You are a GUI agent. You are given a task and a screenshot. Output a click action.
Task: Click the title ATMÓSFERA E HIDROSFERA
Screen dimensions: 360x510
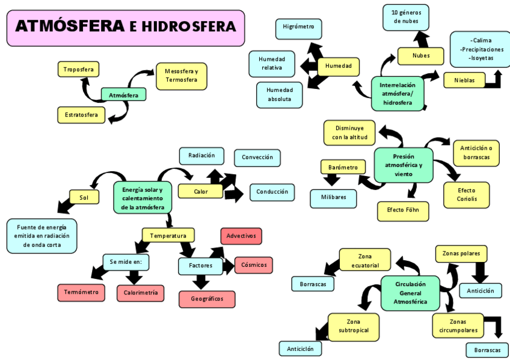125,27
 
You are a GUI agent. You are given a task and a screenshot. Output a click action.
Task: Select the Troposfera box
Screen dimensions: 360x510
78,69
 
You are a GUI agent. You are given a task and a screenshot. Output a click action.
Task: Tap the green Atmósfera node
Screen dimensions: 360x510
123,94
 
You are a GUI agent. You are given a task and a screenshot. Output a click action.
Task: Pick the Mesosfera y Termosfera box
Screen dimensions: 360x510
181,76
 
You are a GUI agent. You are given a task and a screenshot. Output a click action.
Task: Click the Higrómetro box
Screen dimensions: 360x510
298,28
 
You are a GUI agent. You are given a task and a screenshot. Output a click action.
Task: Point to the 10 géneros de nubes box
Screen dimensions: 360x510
406,17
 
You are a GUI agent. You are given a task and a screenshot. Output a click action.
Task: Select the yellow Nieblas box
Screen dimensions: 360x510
464,80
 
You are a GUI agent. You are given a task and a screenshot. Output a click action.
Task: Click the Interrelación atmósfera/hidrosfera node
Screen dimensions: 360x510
397,94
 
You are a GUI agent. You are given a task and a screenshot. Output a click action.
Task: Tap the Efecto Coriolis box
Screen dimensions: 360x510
465,194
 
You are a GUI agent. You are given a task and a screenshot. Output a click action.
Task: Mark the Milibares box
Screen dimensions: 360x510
333,198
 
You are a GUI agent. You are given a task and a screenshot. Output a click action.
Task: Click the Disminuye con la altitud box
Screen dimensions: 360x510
349,133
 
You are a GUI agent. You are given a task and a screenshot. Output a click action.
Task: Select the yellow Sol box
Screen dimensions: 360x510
84,197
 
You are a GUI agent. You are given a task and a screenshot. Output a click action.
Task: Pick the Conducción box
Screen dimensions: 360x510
272,192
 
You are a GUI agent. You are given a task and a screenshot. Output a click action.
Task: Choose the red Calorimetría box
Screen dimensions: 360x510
141,293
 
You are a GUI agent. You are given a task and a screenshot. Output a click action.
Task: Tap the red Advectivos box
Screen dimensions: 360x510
241,236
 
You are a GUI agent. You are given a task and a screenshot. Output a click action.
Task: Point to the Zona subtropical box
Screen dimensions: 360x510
353,326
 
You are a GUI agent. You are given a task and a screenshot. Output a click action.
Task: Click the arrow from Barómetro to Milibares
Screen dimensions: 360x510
331,180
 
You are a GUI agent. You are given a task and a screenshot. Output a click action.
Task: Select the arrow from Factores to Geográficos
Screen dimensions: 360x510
201,281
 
